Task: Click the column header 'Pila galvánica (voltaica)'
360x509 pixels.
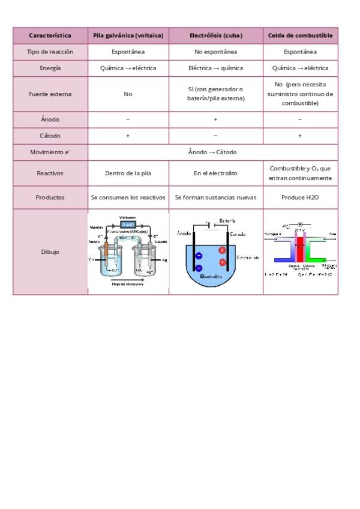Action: [x=128, y=35]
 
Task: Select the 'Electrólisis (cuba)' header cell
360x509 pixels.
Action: [x=215, y=35]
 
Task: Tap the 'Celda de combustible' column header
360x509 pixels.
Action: [x=300, y=35]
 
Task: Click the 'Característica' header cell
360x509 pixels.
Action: [x=50, y=35]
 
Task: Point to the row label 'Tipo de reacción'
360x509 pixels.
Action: [x=50, y=52]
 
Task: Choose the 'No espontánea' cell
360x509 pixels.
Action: [x=215, y=52]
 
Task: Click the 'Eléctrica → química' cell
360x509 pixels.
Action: [x=215, y=68]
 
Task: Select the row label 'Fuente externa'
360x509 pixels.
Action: [x=50, y=94]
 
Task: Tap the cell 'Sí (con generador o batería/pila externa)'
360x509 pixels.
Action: [x=215, y=94]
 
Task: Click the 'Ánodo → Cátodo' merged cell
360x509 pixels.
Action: [x=212, y=152]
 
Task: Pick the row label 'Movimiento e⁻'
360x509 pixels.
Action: [x=50, y=152]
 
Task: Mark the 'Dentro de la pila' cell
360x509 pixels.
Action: [x=128, y=173]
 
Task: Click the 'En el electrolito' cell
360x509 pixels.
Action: [x=215, y=173]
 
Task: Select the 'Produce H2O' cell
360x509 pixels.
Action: [x=300, y=196]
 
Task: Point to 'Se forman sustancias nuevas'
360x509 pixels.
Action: [x=215, y=196]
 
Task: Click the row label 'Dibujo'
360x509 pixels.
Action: [x=50, y=251]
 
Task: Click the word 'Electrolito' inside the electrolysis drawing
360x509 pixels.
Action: [x=211, y=277]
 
